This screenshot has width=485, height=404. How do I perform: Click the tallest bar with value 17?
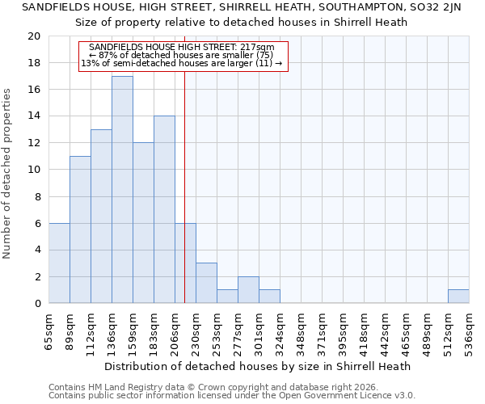point(122,190)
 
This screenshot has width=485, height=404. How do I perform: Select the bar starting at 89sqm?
point(80,229)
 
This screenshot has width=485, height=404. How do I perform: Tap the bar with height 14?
point(164,210)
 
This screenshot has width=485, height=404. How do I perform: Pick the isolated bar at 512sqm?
point(458,297)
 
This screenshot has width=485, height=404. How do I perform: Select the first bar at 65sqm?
point(59,263)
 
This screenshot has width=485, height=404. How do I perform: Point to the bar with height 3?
point(206,283)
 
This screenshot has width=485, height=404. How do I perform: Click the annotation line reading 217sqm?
point(183,48)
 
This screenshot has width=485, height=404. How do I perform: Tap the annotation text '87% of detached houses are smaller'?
point(183,55)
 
